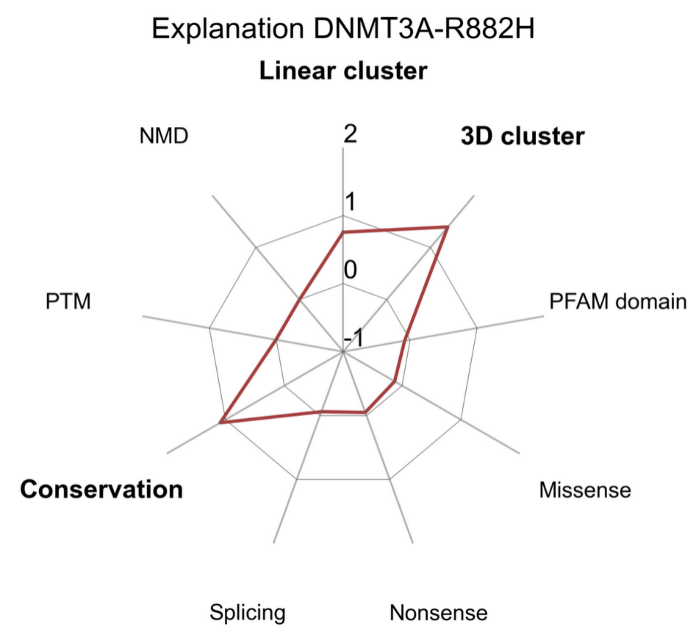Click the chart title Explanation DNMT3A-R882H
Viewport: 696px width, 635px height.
(343, 29)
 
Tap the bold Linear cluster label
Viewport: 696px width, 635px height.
(343, 71)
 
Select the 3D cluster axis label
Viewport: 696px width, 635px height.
(522, 136)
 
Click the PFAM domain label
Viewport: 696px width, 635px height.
(618, 302)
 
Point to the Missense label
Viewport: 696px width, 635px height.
(585, 490)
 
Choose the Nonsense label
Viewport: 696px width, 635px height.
(438, 613)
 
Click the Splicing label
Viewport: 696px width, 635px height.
(247, 612)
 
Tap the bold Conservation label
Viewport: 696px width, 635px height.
(101, 489)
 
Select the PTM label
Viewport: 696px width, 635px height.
(68, 302)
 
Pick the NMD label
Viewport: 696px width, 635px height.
(164, 136)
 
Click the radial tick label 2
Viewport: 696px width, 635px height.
(350, 134)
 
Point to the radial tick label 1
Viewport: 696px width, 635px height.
(350, 202)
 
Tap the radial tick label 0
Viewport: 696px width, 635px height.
(350, 270)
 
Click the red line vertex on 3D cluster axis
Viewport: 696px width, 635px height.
(447, 227)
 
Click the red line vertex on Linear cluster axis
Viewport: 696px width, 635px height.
(343, 232)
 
